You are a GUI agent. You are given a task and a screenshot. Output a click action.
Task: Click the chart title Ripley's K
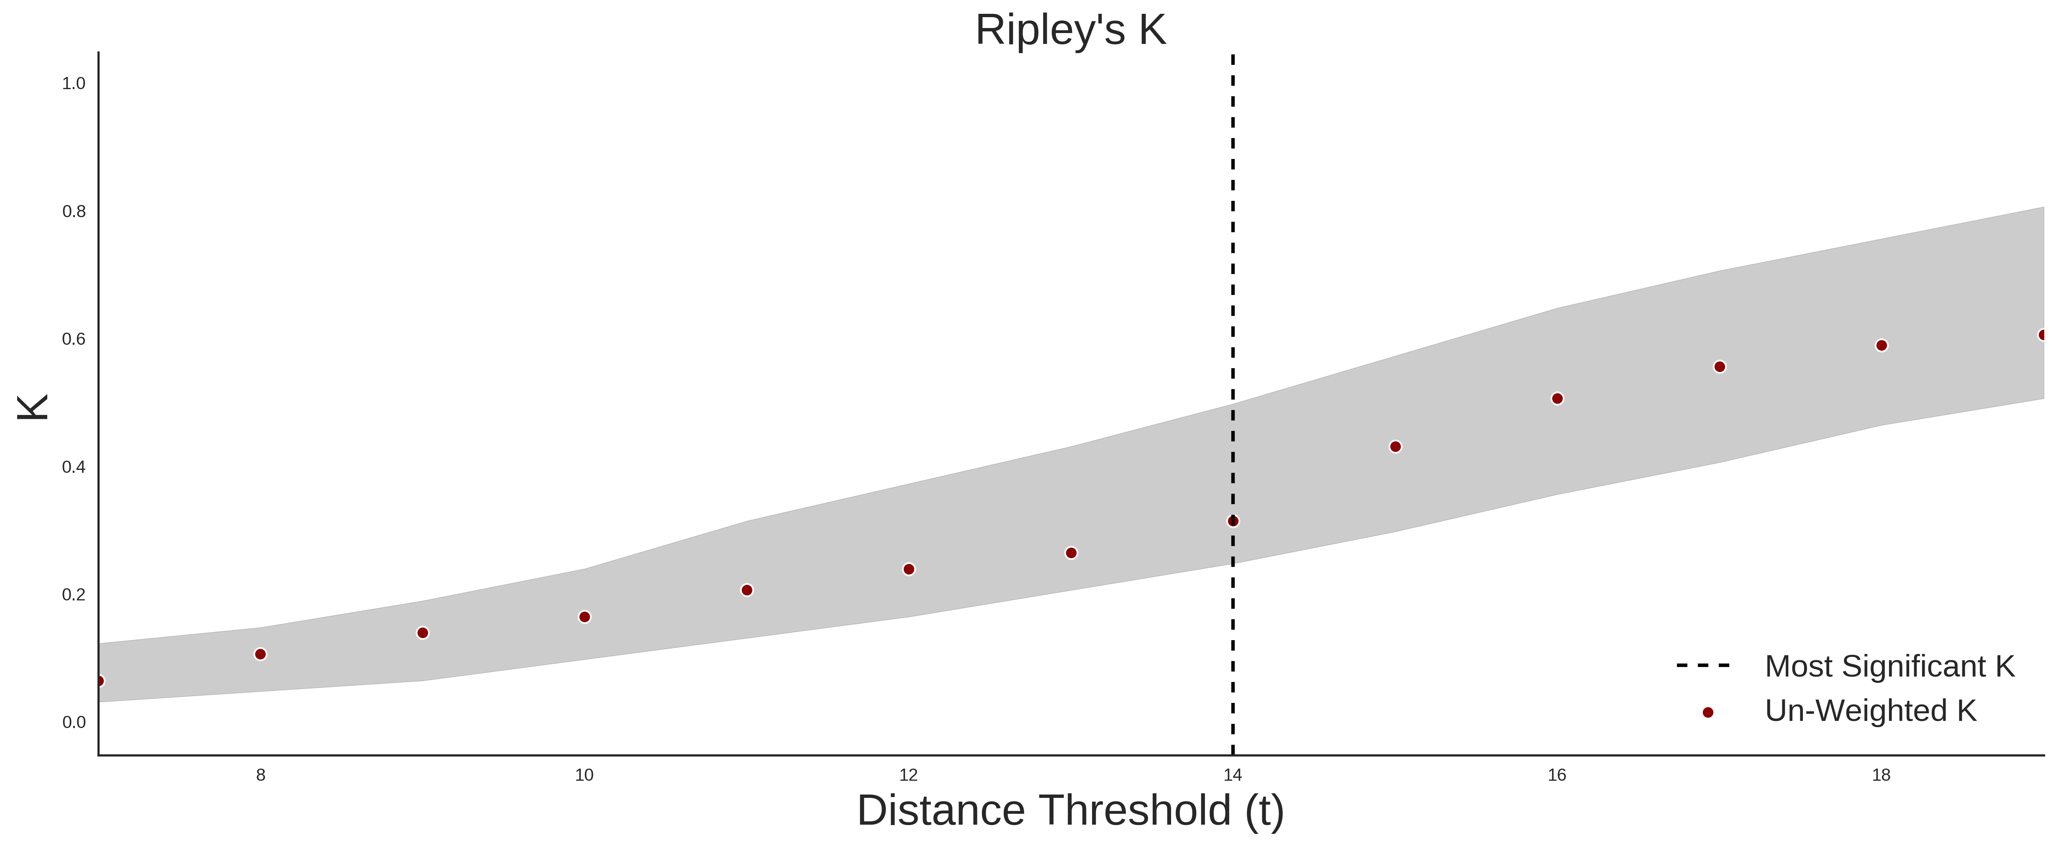tap(1070, 30)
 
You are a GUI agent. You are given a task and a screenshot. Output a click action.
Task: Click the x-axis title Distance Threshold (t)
tap(1070, 811)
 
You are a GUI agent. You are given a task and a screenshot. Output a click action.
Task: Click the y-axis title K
tap(33, 407)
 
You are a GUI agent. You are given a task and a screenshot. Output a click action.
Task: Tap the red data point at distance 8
tap(260, 654)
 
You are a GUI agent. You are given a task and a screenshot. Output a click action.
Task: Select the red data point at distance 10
tap(584, 617)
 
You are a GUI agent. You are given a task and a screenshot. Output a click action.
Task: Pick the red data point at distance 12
tap(908, 569)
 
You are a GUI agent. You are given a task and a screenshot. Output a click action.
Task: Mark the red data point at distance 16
tap(1557, 398)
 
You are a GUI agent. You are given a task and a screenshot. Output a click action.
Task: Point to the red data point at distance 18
tap(1881, 346)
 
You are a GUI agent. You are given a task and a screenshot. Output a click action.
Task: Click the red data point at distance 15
tap(1395, 447)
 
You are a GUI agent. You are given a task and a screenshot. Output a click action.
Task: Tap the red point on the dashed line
tap(1233, 521)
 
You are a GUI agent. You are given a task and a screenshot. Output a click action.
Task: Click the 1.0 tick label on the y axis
tap(74, 84)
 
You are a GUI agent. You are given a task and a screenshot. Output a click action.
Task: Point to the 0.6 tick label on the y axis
tap(74, 339)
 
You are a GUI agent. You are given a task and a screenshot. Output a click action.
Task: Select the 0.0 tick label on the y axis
tap(74, 722)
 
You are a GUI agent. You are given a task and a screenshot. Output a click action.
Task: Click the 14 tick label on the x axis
tap(1233, 775)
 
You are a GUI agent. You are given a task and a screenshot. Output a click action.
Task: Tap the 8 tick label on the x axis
tap(260, 775)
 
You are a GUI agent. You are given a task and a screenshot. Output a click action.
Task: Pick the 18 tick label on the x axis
tap(1881, 775)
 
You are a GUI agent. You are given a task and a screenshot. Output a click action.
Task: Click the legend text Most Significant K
tap(1889, 667)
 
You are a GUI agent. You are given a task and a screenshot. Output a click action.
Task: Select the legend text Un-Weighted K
tap(1870, 711)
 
